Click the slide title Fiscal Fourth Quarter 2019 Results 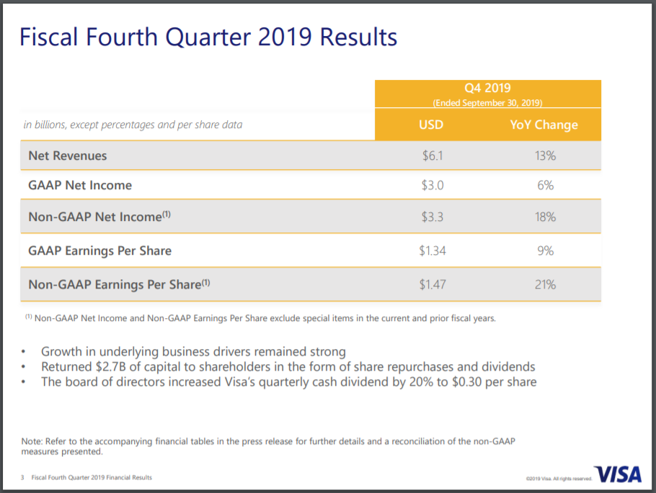[x=208, y=37]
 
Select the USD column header [x=431, y=125]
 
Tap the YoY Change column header [x=544, y=125]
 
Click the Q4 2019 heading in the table [x=487, y=88]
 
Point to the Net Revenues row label [x=68, y=155]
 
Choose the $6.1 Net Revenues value [x=432, y=155]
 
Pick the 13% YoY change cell [x=545, y=155]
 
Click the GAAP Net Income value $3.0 [x=432, y=185]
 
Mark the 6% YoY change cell [x=545, y=185]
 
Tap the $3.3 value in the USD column [x=432, y=217]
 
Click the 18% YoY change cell [x=545, y=217]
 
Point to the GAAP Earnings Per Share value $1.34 [x=432, y=250]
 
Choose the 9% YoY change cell [x=545, y=250]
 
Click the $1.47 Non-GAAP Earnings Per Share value [x=432, y=284]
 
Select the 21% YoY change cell [x=545, y=284]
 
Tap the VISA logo [x=619, y=475]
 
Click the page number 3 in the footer [x=22, y=478]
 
